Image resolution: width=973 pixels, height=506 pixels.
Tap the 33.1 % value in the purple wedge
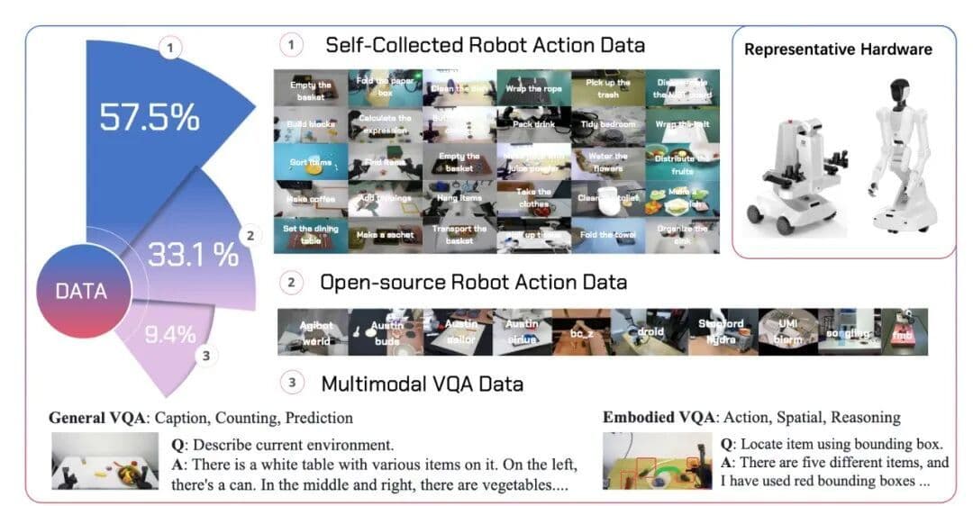point(193,254)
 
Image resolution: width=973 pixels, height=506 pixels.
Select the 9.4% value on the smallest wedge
point(170,335)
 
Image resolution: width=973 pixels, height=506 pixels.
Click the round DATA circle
point(81,291)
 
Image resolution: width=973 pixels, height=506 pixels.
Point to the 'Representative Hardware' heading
point(838,50)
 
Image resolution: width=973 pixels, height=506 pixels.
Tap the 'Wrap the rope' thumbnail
point(533,87)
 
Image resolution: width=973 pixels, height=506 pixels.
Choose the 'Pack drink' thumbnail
point(533,124)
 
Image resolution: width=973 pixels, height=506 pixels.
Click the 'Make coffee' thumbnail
point(310,198)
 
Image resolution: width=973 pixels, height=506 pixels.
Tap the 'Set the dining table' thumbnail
point(310,234)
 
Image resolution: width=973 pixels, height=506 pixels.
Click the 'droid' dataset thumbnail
point(649,331)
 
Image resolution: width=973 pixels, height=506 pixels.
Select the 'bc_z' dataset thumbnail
point(580,331)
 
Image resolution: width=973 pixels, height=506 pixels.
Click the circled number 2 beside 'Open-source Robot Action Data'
point(291,283)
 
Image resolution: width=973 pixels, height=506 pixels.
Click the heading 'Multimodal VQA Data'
point(422,384)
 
